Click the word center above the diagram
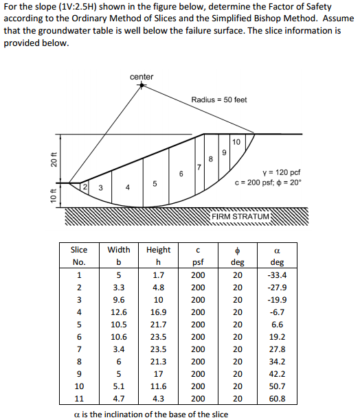142,77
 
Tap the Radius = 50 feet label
219,100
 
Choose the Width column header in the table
118,250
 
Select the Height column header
158,250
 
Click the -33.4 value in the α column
278,275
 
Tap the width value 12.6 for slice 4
118,312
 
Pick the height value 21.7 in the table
158,324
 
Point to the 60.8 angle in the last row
278,398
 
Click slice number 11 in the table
79,398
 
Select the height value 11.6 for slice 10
158,386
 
